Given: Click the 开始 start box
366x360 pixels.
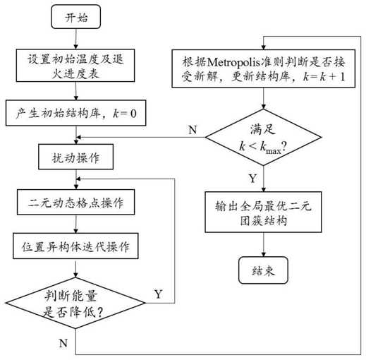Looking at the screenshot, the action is pyautogui.click(x=76, y=17).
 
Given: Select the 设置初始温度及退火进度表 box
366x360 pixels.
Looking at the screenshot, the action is pyautogui.click(x=75, y=66).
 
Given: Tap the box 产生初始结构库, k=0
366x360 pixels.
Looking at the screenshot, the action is pyautogui.click(x=76, y=113).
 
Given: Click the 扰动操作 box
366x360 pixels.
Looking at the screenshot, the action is pyautogui.click(x=76, y=157).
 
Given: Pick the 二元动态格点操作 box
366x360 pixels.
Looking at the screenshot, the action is pyautogui.click(x=76, y=202).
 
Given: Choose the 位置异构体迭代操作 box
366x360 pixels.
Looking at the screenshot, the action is pyautogui.click(x=75, y=246).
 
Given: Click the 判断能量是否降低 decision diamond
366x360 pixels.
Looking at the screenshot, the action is pyautogui.click(x=75, y=303).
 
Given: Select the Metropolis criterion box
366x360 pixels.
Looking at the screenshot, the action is pyautogui.click(x=264, y=68).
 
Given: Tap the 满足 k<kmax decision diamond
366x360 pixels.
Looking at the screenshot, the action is pyautogui.click(x=264, y=138).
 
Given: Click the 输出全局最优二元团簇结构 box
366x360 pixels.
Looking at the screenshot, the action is pyautogui.click(x=264, y=212).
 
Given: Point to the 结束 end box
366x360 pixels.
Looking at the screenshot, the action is pyautogui.click(x=264, y=270).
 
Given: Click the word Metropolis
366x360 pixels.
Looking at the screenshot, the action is pyautogui.click(x=233, y=62).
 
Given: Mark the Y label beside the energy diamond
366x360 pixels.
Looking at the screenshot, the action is pyautogui.click(x=159, y=294).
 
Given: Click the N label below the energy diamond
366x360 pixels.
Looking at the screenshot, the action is pyautogui.click(x=63, y=343).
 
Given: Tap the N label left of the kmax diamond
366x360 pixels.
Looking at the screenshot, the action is pyautogui.click(x=193, y=130).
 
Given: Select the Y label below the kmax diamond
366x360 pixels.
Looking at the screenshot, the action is pyautogui.click(x=252, y=179).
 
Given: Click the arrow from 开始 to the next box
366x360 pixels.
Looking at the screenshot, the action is pyautogui.click(x=76, y=39).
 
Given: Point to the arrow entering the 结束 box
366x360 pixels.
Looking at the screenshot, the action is pyautogui.click(x=264, y=245).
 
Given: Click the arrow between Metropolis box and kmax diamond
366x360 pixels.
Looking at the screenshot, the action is pyautogui.click(x=264, y=98).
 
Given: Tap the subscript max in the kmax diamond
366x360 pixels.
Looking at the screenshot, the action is pyautogui.click(x=274, y=150).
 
